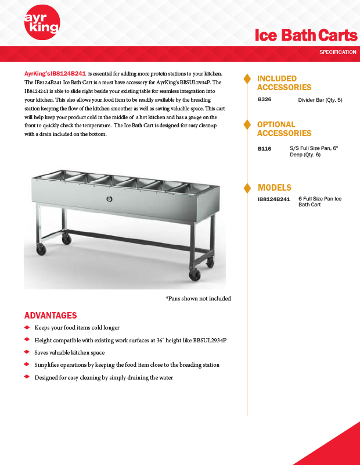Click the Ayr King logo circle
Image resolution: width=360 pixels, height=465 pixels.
pyautogui.click(x=41, y=24)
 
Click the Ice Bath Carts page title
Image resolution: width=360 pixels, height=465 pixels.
pyautogui.click(x=306, y=35)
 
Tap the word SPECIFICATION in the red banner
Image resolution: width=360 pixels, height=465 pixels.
pyautogui.click(x=337, y=52)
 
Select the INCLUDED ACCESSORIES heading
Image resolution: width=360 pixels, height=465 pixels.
pyautogui.click(x=284, y=83)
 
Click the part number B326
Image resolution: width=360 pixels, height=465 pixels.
pyautogui.click(x=264, y=100)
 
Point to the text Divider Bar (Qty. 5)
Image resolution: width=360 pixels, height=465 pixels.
pyautogui.click(x=320, y=100)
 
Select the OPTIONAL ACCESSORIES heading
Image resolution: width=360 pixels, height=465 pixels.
pyautogui.click(x=284, y=129)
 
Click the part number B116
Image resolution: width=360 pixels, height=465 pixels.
pyautogui.click(x=264, y=149)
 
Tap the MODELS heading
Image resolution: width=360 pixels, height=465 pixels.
pyautogui.click(x=274, y=188)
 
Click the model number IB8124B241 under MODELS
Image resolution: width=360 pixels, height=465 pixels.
pyautogui.click(x=273, y=199)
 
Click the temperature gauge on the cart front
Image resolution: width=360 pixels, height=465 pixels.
pyautogui.click(x=109, y=199)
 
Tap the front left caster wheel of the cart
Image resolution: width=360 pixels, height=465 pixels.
pyautogui.click(x=41, y=250)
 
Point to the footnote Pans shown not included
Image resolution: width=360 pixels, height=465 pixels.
pyautogui.click(x=198, y=298)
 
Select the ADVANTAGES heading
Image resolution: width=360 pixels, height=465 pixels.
pyautogui.click(x=51, y=316)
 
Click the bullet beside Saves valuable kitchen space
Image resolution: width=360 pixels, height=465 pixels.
pyautogui.click(x=27, y=352)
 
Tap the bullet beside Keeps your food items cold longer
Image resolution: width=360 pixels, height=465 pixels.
pyautogui.click(x=27, y=328)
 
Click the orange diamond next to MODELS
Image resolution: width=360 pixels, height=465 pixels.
pyautogui.click(x=247, y=188)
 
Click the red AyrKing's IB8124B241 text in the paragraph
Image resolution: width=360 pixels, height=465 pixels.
pyautogui.click(x=55, y=74)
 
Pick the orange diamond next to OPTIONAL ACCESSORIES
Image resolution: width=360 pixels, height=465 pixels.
pyautogui.click(x=247, y=124)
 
